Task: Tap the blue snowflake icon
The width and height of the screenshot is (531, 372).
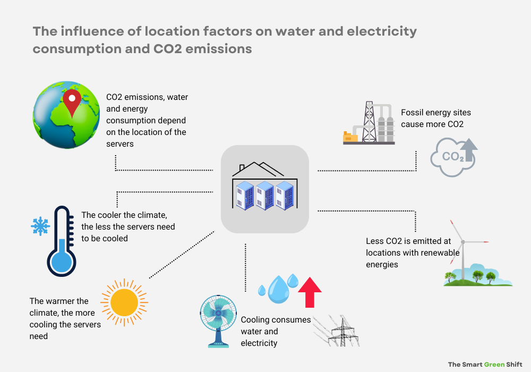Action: tap(39, 226)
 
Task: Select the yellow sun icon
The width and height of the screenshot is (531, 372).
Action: tap(124, 303)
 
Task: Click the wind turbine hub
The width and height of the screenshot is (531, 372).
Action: tap(463, 242)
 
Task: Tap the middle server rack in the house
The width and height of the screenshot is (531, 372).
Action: tap(264, 195)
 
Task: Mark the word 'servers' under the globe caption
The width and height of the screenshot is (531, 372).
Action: tap(121, 144)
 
